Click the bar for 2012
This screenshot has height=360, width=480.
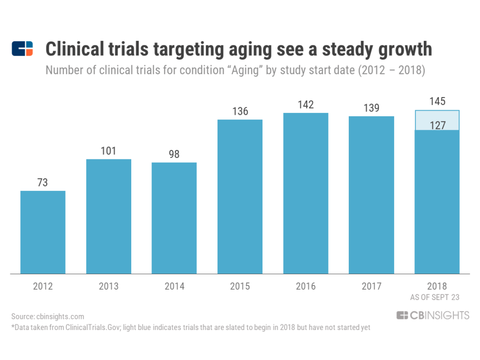43,232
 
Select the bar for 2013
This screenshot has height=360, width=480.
108,216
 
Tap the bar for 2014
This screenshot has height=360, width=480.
174,218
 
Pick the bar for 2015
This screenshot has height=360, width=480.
240,196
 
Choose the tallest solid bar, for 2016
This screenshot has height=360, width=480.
306,193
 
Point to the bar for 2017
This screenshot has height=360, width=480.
371,195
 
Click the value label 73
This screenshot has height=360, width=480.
43,182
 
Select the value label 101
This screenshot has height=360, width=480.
108,151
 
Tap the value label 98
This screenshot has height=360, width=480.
174,154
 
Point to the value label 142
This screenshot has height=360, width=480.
306,105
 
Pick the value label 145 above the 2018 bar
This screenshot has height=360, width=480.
437,102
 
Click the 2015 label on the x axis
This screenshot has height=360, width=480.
240,286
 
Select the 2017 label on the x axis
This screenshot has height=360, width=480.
371,286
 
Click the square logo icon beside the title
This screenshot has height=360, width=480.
22,49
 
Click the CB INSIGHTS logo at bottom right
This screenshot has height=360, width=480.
433,315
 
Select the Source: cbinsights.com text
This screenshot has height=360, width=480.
48,317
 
